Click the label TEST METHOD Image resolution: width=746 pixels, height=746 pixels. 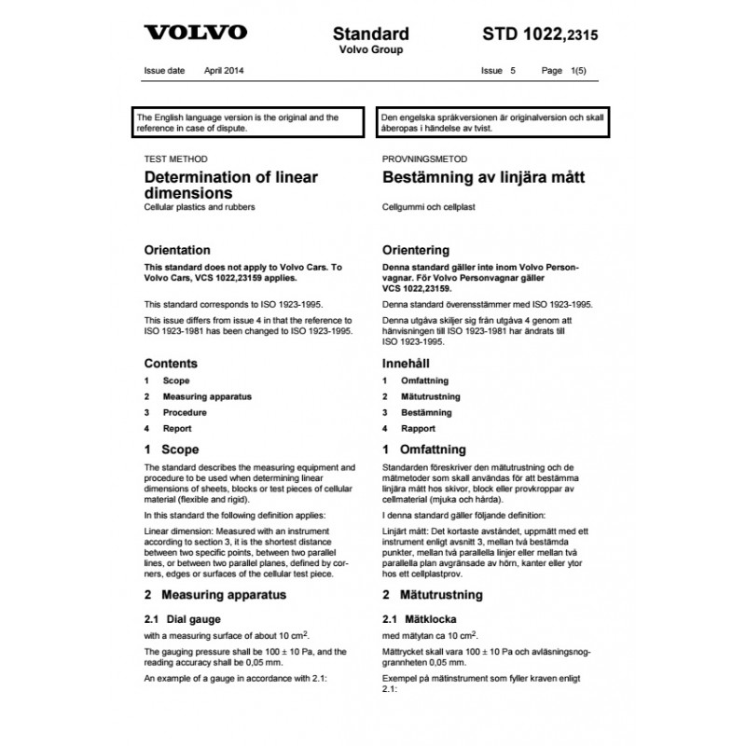click(x=176, y=159)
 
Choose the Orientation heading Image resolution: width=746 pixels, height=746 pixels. click(x=176, y=250)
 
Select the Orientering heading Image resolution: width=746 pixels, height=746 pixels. click(x=416, y=250)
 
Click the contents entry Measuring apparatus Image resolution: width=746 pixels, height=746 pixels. click(x=207, y=396)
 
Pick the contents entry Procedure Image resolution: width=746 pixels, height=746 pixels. click(x=185, y=412)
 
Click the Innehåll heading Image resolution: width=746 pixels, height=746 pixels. click(x=409, y=363)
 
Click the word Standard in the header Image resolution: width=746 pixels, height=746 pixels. click(x=371, y=35)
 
